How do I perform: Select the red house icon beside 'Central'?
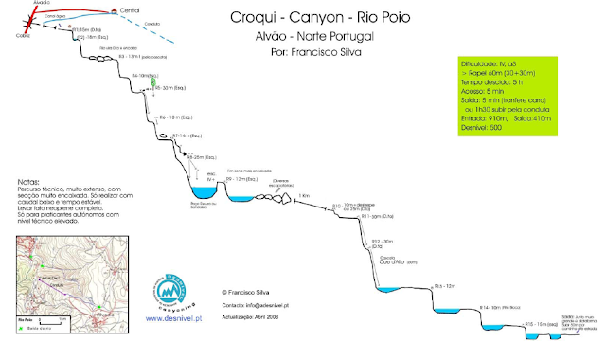[x=114, y=11]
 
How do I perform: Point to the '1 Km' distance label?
[x=304, y=195]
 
